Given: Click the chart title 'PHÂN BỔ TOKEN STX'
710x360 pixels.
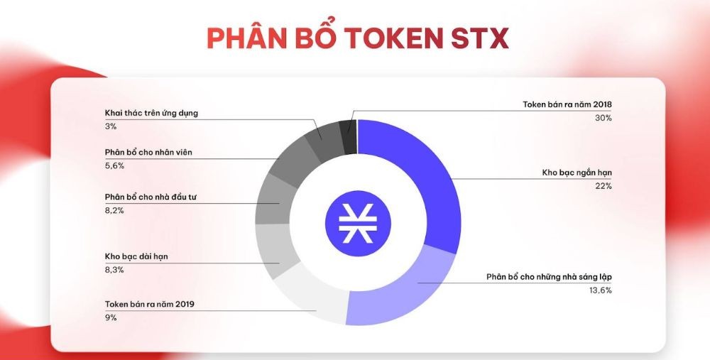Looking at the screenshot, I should pyautogui.click(x=357, y=38).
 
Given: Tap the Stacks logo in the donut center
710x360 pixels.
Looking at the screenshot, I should pyautogui.click(x=357, y=222).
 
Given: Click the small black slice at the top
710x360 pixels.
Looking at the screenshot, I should pyautogui.click(x=348, y=136).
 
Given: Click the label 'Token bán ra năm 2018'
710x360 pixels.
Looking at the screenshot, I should pyautogui.click(x=567, y=104).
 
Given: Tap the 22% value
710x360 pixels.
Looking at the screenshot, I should pyautogui.click(x=603, y=186).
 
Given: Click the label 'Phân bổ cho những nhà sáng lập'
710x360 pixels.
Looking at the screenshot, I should pyautogui.click(x=549, y=276).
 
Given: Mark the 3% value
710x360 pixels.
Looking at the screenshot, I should pyautogui.click(x=111, y=126).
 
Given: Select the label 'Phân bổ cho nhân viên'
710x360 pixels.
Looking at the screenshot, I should pyautogui.click(x=148, y=153).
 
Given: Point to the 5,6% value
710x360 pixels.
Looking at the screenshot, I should pyautogui.click(x=115, y=165).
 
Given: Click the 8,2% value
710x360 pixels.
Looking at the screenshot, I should pyautogui.click(x=115, y=209).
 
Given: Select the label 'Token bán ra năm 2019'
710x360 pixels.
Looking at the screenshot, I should pyautogui.click(x=149, y=304).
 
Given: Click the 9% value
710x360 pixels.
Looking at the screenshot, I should pyautogui.click(x=111, y=317).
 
